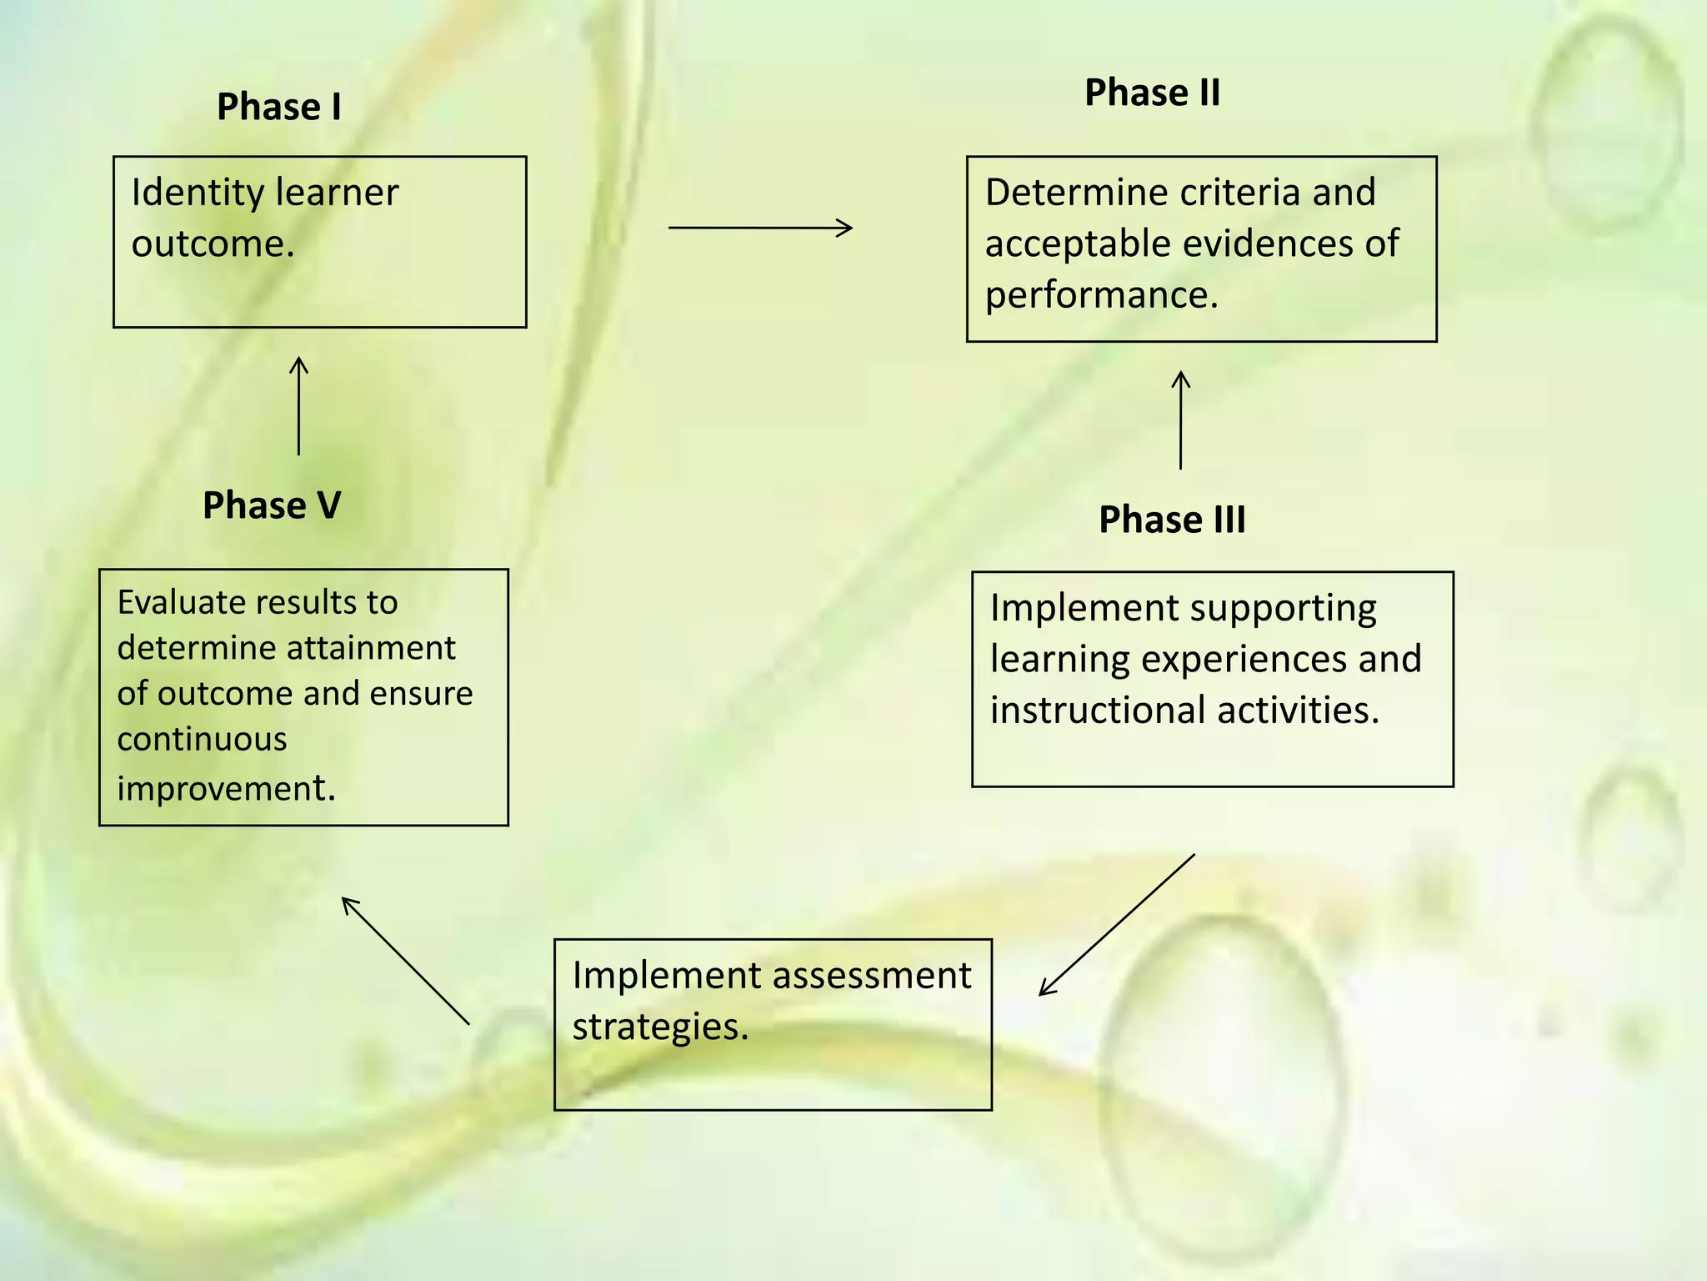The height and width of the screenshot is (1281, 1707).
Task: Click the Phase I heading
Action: click(x=278, y=107)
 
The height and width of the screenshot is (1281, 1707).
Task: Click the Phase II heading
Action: click(x=1152, y=93)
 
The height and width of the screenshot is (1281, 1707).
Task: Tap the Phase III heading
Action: click(x=1172, y=520)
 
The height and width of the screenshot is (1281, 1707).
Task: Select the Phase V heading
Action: click(x=272, y=505)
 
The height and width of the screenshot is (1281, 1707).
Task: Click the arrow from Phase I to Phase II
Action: click(x=760, y=227)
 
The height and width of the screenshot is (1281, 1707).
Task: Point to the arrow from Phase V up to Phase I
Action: click(x=298, y=406)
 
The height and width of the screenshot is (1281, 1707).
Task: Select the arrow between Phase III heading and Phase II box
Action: click(x=1180, y=420)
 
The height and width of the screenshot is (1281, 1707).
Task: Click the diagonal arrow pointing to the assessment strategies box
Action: click(x=1117, y=924)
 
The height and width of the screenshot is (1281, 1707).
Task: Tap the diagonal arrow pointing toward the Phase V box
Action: click(x=405, y=961)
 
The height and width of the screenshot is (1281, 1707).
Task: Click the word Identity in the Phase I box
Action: click(x=197, y=193)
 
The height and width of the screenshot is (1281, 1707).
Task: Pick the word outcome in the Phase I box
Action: click(x=213, y=244)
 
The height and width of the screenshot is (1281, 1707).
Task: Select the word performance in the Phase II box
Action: click(x=1101, y=295)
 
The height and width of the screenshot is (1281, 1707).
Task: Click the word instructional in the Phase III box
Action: click(x=1097, y=711)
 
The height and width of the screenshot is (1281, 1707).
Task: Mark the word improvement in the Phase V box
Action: click(x=226, y=789)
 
